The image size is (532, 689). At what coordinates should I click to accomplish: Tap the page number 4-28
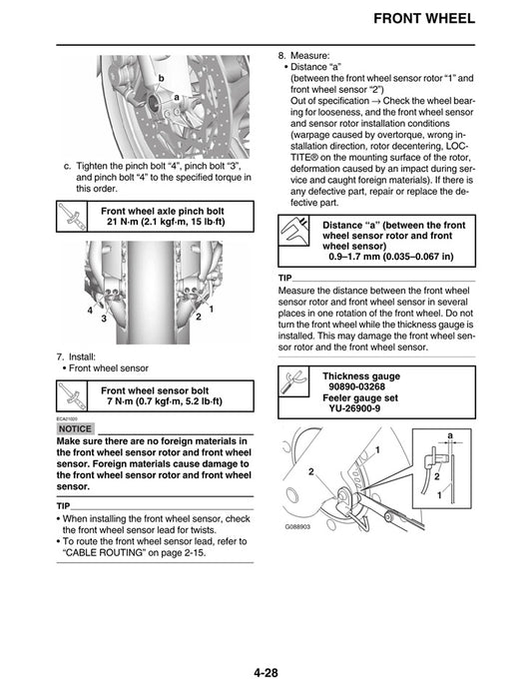(x=265, y=673)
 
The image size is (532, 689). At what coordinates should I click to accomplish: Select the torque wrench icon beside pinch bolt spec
(x=73, y=217)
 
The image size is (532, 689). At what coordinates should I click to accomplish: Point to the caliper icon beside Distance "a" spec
(x=296, y=235)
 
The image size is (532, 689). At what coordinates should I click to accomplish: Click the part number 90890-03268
(x=364, y=385)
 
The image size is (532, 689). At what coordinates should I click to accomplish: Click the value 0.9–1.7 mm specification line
(x=390, y=257)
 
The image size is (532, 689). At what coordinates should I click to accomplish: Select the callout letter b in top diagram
(x=160, y=77)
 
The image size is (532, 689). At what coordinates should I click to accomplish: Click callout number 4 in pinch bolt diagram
(x=90, y=311)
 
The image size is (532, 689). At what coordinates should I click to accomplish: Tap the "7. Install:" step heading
(x=81, y=355)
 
